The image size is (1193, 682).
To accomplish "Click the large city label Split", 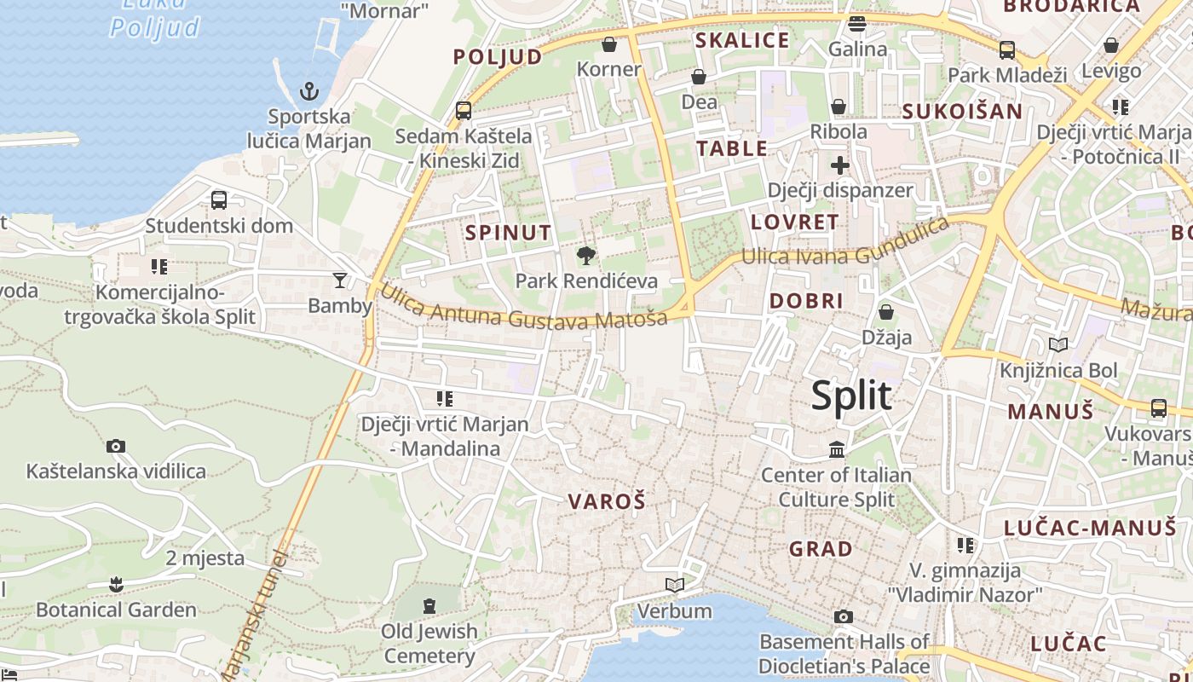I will click(x=851, y=396).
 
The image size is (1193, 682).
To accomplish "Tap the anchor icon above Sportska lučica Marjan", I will click(x=309, y=90).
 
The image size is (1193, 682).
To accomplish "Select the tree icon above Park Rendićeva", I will click(x=585, y=255).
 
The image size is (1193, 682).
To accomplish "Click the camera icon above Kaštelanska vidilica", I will click(x=116, y=446).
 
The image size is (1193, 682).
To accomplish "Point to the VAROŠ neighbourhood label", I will click(x=607, y=501).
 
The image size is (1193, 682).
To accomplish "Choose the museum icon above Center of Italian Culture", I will click(x=837, y=449).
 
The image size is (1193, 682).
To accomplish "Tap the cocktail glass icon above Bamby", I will click(x=340, y=280).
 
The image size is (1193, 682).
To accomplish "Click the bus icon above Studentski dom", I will click(x=219, y=200).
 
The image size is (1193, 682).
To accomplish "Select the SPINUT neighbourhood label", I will click(x=508, y=232).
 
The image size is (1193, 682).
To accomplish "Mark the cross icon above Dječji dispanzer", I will click(x=840, y=165).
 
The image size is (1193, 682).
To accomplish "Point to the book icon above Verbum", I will click(x=675, y=585).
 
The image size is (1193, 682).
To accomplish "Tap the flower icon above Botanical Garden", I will click(x=116, y=584).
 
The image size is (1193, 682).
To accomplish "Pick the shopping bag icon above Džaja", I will click(x=886, y=312).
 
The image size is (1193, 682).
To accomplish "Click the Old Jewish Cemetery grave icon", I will click(x=429, y=606).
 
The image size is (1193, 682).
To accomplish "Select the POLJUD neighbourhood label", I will click(x=498, y=57).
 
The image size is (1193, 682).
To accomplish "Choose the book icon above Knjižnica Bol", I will click(x=1058, y=344).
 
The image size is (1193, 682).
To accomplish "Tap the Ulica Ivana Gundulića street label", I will click(x=844, y=244).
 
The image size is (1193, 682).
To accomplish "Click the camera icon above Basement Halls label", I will click(x=844, y=616).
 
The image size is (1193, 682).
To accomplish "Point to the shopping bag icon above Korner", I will click(x=609, y=43).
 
